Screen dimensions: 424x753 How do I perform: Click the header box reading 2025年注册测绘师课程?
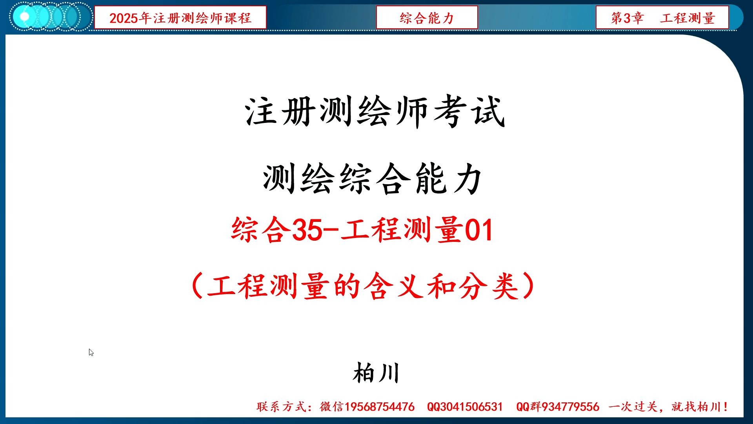click(180, 18)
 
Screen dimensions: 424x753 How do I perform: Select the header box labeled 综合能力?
click(427, 18)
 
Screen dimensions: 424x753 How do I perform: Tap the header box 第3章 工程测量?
click(662, 18)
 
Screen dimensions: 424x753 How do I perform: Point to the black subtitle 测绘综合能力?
click(373, 179)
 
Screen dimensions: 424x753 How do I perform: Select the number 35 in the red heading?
click(306, 230)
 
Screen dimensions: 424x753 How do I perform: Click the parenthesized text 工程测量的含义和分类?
click(362, 286)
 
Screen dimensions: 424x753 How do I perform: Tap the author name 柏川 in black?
click(376, 373)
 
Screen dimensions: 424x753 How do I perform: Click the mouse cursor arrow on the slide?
click(91, 352)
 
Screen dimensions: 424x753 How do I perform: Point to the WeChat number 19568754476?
click(379, 407)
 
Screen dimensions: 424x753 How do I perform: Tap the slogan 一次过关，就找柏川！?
click(668, 407)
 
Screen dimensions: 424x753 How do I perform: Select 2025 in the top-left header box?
click(124, 18)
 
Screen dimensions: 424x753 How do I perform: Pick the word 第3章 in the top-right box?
click(627, 18)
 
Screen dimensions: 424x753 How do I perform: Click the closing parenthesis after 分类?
click(529, 286)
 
